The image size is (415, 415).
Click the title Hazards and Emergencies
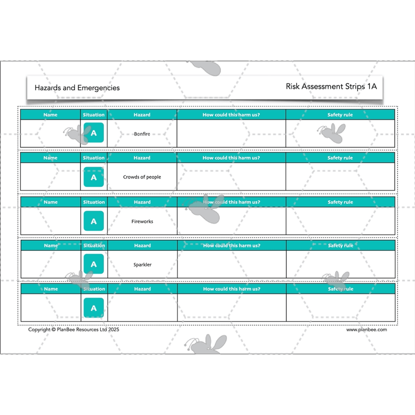[77, 88]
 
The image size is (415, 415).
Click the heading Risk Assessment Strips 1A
[331, 87]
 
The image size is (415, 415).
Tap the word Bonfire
[142, 134]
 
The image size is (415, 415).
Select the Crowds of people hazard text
[142, 177]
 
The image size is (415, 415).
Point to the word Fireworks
[142, 222]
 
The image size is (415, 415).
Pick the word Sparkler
[142, 265]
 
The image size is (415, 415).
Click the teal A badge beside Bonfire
[93, 133]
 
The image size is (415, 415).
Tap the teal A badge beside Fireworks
[93, 221]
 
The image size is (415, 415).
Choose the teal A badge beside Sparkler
[93, 264]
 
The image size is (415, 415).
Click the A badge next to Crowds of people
[93, 177]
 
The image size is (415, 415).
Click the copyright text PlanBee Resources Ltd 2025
[74, 329]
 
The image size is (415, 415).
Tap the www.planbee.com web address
[366, 329]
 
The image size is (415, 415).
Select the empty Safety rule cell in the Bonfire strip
[340, 134]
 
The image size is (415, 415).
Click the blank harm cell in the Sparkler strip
[231, 265]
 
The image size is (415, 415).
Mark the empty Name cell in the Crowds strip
[50, 177]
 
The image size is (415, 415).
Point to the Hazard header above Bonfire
[142, 115]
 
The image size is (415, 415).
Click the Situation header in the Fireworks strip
[93, 202]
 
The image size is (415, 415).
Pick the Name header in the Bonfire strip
[50, 115]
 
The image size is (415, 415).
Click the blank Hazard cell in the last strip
[142, 308]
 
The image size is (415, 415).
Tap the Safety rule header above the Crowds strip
[340, 158]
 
